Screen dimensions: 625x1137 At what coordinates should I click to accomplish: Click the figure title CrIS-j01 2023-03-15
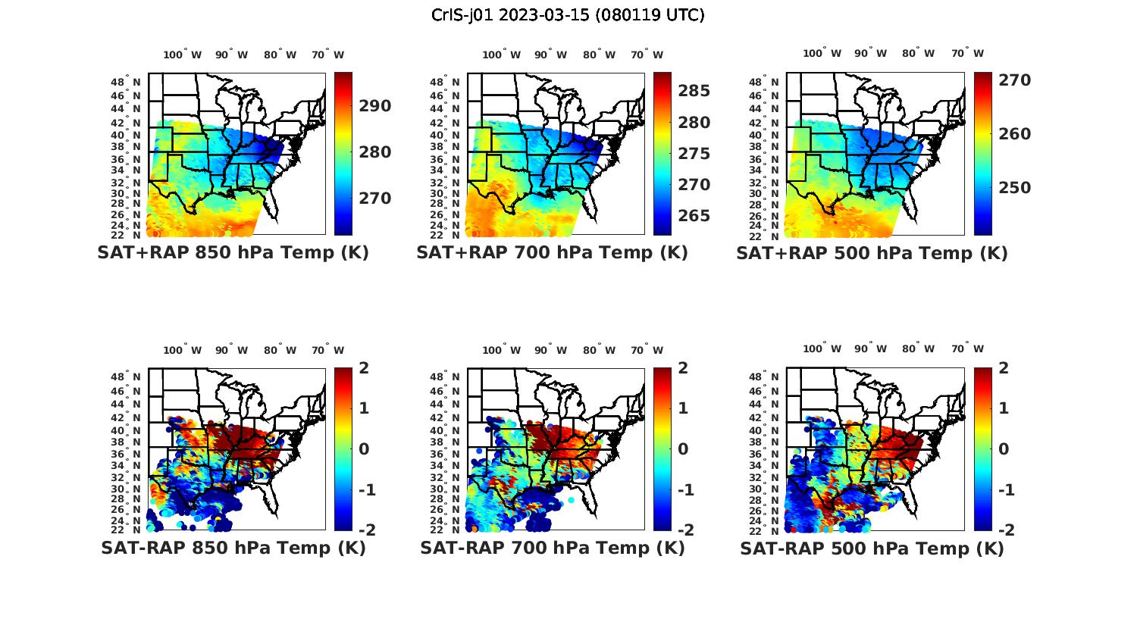coord(568,15)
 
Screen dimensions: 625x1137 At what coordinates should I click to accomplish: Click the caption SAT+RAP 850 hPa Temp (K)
coord(233,253)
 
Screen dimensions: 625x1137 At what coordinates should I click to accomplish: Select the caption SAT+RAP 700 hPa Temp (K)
coord(552,253)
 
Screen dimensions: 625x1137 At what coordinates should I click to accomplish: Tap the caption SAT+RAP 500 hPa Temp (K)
coord(872,253)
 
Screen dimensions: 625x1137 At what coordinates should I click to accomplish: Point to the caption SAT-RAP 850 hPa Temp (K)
coord(233,548)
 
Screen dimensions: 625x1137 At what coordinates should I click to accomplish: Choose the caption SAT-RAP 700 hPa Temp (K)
coord(552,548)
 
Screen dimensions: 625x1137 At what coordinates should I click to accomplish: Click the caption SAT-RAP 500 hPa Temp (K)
coord(872,548)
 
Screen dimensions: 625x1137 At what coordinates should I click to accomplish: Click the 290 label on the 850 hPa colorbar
coord(374,106)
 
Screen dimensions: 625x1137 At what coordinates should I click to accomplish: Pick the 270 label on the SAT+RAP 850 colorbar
coord(374,198)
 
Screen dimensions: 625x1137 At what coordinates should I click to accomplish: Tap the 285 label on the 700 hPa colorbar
coord(694,91)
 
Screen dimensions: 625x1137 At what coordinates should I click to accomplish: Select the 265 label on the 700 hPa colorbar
coord(694,216)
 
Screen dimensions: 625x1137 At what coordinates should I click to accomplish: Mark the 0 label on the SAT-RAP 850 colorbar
coord(365,449)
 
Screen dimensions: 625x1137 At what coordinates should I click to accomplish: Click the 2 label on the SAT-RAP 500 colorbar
coord(1004,368)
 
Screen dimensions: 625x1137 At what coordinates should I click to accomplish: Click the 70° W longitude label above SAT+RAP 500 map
coord(967,54)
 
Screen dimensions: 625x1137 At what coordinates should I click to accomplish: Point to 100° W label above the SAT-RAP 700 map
coord(501,350)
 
